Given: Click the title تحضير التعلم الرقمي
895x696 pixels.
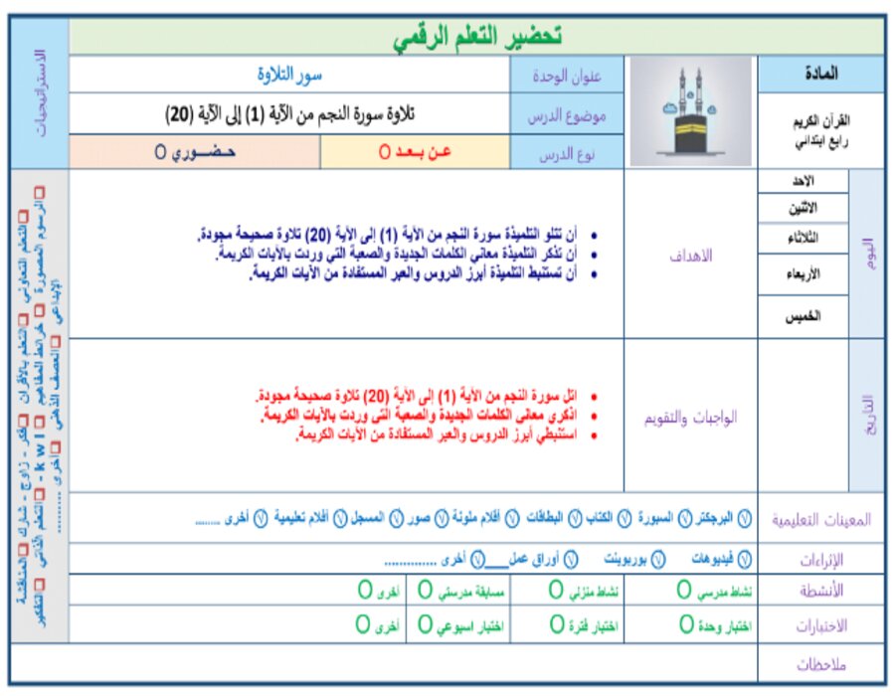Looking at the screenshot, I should click(x=476, y=38).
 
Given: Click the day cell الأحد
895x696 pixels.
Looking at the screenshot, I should click(x=804, y=181).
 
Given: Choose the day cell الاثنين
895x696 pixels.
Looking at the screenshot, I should click(x=804, y=209).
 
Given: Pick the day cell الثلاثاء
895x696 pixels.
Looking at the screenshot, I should click(x=804, y=239).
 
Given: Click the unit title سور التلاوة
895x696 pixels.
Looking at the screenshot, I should click(x=289, y=75).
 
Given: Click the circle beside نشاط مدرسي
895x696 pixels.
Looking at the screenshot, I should click(x=684, y=591).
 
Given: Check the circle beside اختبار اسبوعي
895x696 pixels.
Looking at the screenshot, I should click(x=426, y=625).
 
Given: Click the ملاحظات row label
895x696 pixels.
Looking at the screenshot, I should click(x=819, y=663).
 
